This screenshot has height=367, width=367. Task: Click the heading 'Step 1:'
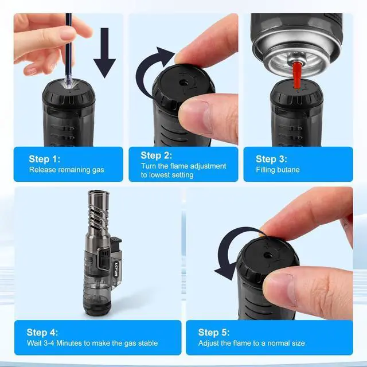[45, 159]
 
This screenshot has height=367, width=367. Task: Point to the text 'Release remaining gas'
[67, 170]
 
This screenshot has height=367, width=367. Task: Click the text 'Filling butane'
[278, 170]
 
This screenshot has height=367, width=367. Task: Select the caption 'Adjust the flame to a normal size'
[252, 343]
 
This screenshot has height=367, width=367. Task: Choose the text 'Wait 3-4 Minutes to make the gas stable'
[92, 343]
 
